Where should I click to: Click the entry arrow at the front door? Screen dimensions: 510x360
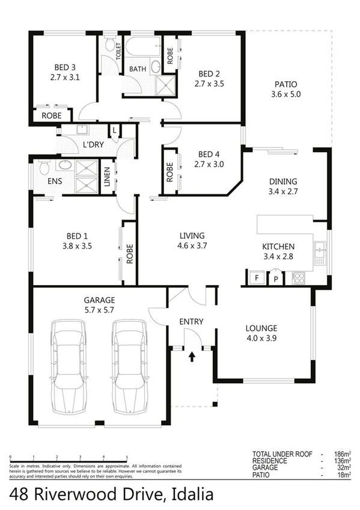click(192, 356)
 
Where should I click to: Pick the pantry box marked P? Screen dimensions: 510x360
click(276, 278)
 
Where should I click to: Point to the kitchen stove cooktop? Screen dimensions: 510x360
click(298, 278)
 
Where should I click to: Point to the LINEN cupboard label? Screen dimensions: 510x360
click(107, 177)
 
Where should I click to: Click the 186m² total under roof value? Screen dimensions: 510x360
click(341, 455)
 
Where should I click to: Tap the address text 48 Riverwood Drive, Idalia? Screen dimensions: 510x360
click(112, 494)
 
